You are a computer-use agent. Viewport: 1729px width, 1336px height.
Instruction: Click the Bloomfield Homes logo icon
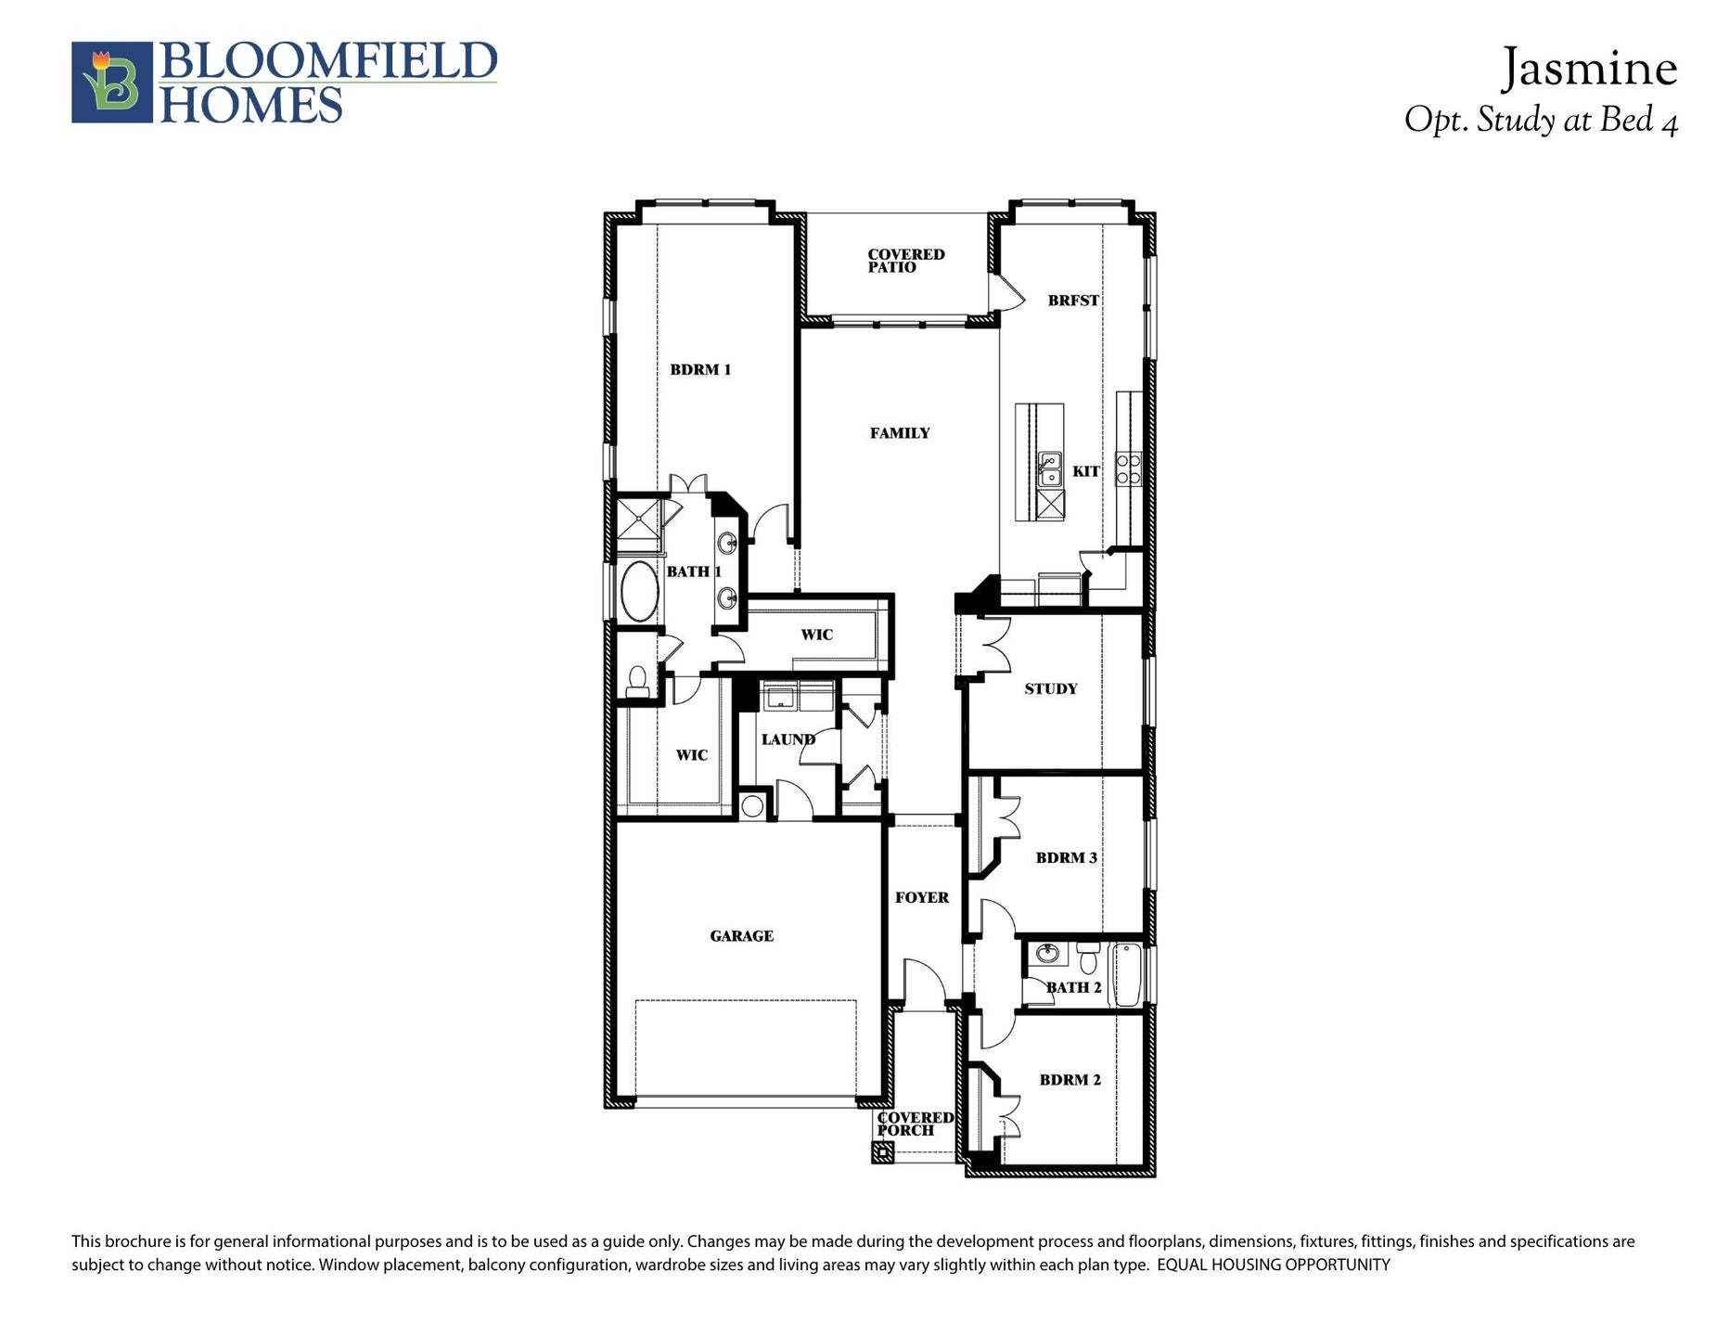[x=111, y=82]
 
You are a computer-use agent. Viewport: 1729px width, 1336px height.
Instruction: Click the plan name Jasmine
[x=1589, y=69]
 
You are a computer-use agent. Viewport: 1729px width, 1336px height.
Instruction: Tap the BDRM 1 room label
[x=700, y=370]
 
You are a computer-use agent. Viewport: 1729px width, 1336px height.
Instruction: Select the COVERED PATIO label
[x=905, y=261]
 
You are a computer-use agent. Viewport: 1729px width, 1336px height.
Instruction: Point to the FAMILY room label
[x=900, y=433]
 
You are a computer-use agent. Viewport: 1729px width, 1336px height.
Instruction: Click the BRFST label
[x=1073, y=301]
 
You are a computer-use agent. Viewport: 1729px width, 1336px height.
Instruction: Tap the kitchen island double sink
[x=1050, y=469]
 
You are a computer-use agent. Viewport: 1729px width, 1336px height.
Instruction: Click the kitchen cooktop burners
[x=1128, y=469]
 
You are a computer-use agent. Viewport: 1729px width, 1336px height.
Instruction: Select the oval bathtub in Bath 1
[x=638, y=591]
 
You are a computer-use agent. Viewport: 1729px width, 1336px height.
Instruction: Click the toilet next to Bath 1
[x=637, y=682]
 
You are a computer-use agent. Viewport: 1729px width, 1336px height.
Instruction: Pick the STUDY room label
[x=1051, y=688]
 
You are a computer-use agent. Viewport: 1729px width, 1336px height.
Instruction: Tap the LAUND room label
[x=788, y=739]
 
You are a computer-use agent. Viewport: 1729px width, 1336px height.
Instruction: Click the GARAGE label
[x=741, y=936]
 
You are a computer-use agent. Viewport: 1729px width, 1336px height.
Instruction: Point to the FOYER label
[x=921, y=897]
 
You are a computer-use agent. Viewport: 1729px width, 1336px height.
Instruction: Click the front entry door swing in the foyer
[x=923, y=983]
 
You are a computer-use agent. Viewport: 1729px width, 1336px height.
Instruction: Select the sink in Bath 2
[x=1048, y=953]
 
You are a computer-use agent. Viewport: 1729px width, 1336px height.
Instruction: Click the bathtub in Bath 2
[x=1127, y=974]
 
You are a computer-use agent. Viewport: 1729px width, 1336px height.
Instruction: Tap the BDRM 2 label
[x=1069, y=1080]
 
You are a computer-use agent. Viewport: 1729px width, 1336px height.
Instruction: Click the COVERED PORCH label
[x=915, y=1124]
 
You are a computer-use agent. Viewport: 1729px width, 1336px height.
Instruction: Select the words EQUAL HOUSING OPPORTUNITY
[x=1274, y=1265]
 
